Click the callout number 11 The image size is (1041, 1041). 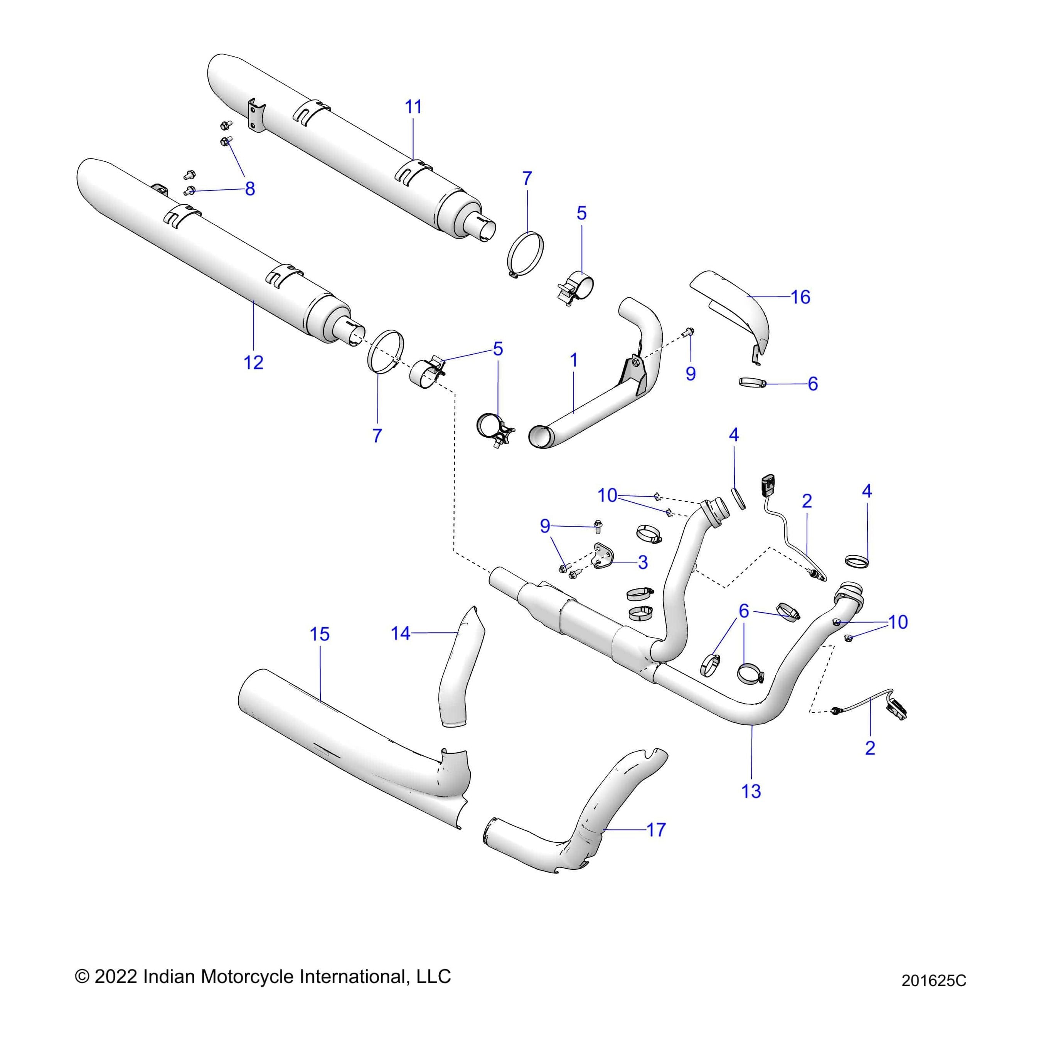pos(413,107)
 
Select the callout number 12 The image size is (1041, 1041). pos(253,363)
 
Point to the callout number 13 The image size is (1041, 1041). pos(751,791)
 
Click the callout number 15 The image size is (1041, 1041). pos(320,634)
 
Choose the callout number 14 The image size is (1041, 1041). pos(400,633)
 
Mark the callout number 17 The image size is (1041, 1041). pos(656,829)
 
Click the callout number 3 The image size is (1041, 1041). pos(642,563)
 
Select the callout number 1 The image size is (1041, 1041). pos(574,360)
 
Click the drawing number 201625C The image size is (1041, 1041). pos(934,996)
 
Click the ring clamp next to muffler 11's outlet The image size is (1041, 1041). pos(526,253)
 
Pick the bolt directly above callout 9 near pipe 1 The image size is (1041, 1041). pos(690,332)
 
